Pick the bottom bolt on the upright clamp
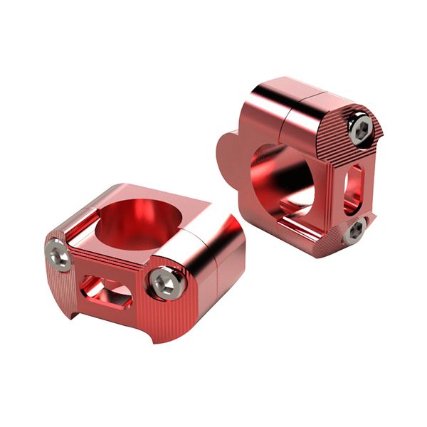click(x=357, y=230)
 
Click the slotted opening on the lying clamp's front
click(x=105, y=289)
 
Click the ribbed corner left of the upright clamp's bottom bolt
click(x=334, y=235)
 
